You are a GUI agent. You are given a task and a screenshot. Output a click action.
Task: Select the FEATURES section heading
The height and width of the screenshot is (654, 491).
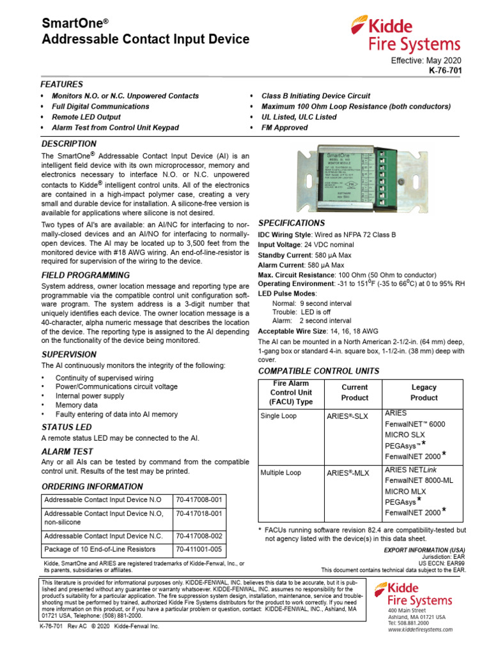(61, 84)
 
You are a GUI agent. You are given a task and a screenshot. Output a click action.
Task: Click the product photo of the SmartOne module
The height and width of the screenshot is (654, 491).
(360, 181)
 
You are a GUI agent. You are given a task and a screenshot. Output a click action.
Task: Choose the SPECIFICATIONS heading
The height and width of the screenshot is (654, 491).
(291, 224)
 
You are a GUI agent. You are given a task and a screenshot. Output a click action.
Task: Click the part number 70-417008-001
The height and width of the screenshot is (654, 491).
(198, 499)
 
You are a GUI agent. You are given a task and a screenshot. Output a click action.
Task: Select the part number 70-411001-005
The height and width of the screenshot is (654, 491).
(198, 549)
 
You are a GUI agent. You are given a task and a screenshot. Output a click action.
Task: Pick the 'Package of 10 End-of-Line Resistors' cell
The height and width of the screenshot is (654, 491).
(104, 549)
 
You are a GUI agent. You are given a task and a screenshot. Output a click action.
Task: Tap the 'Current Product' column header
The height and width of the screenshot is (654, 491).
(354, 392)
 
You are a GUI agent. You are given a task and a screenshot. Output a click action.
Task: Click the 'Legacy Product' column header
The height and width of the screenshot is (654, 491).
(423, 392)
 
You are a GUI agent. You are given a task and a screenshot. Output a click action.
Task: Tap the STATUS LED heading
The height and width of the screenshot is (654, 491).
(66, 427)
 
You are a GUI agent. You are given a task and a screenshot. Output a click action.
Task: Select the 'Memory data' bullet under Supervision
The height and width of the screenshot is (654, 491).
(77, 405)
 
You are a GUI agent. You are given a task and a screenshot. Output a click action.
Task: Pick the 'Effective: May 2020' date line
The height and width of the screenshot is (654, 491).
(425, 59)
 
